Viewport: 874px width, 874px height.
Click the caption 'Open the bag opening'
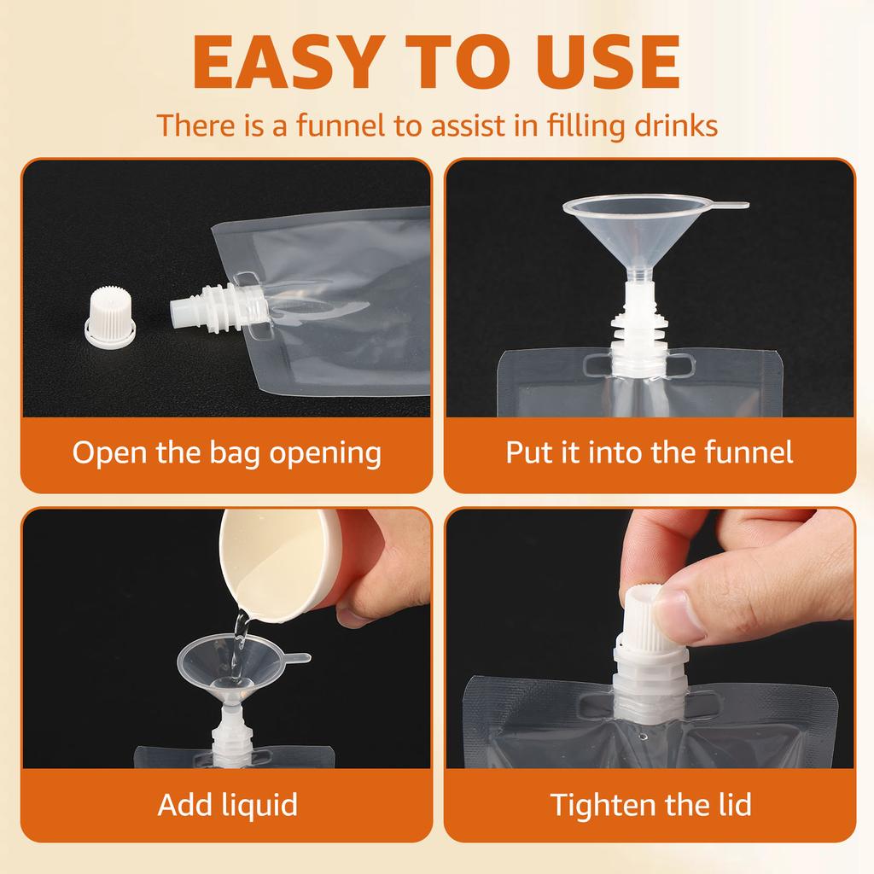[x=226, y=452]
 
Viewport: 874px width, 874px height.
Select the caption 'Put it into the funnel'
[x=649, y=452]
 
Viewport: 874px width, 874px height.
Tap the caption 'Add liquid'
[x=227, y=804]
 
